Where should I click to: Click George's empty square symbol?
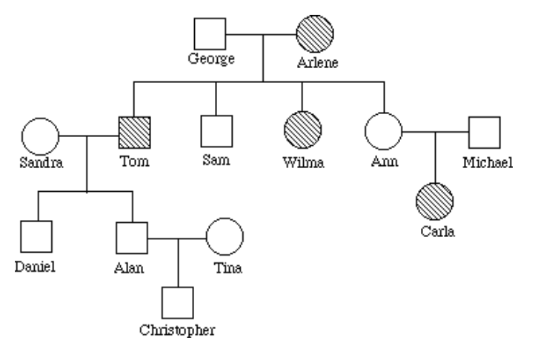click(x=210, y=33)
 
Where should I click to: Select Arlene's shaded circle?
click(x=314, y=33)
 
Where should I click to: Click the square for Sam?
click(x=216, y=132)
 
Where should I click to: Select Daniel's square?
click(x=36, y=237)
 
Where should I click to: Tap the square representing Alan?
click(x=133, y=237)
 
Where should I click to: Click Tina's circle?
click(x=224, y=237)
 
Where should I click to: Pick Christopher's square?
click(x=178, y=302)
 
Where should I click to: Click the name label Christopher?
click(x=179, y=330)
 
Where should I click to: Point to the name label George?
click(x=211, y=59)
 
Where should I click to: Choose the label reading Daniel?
click(x=35, y=265)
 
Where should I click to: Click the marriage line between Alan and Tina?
click(x=178, y=239)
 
